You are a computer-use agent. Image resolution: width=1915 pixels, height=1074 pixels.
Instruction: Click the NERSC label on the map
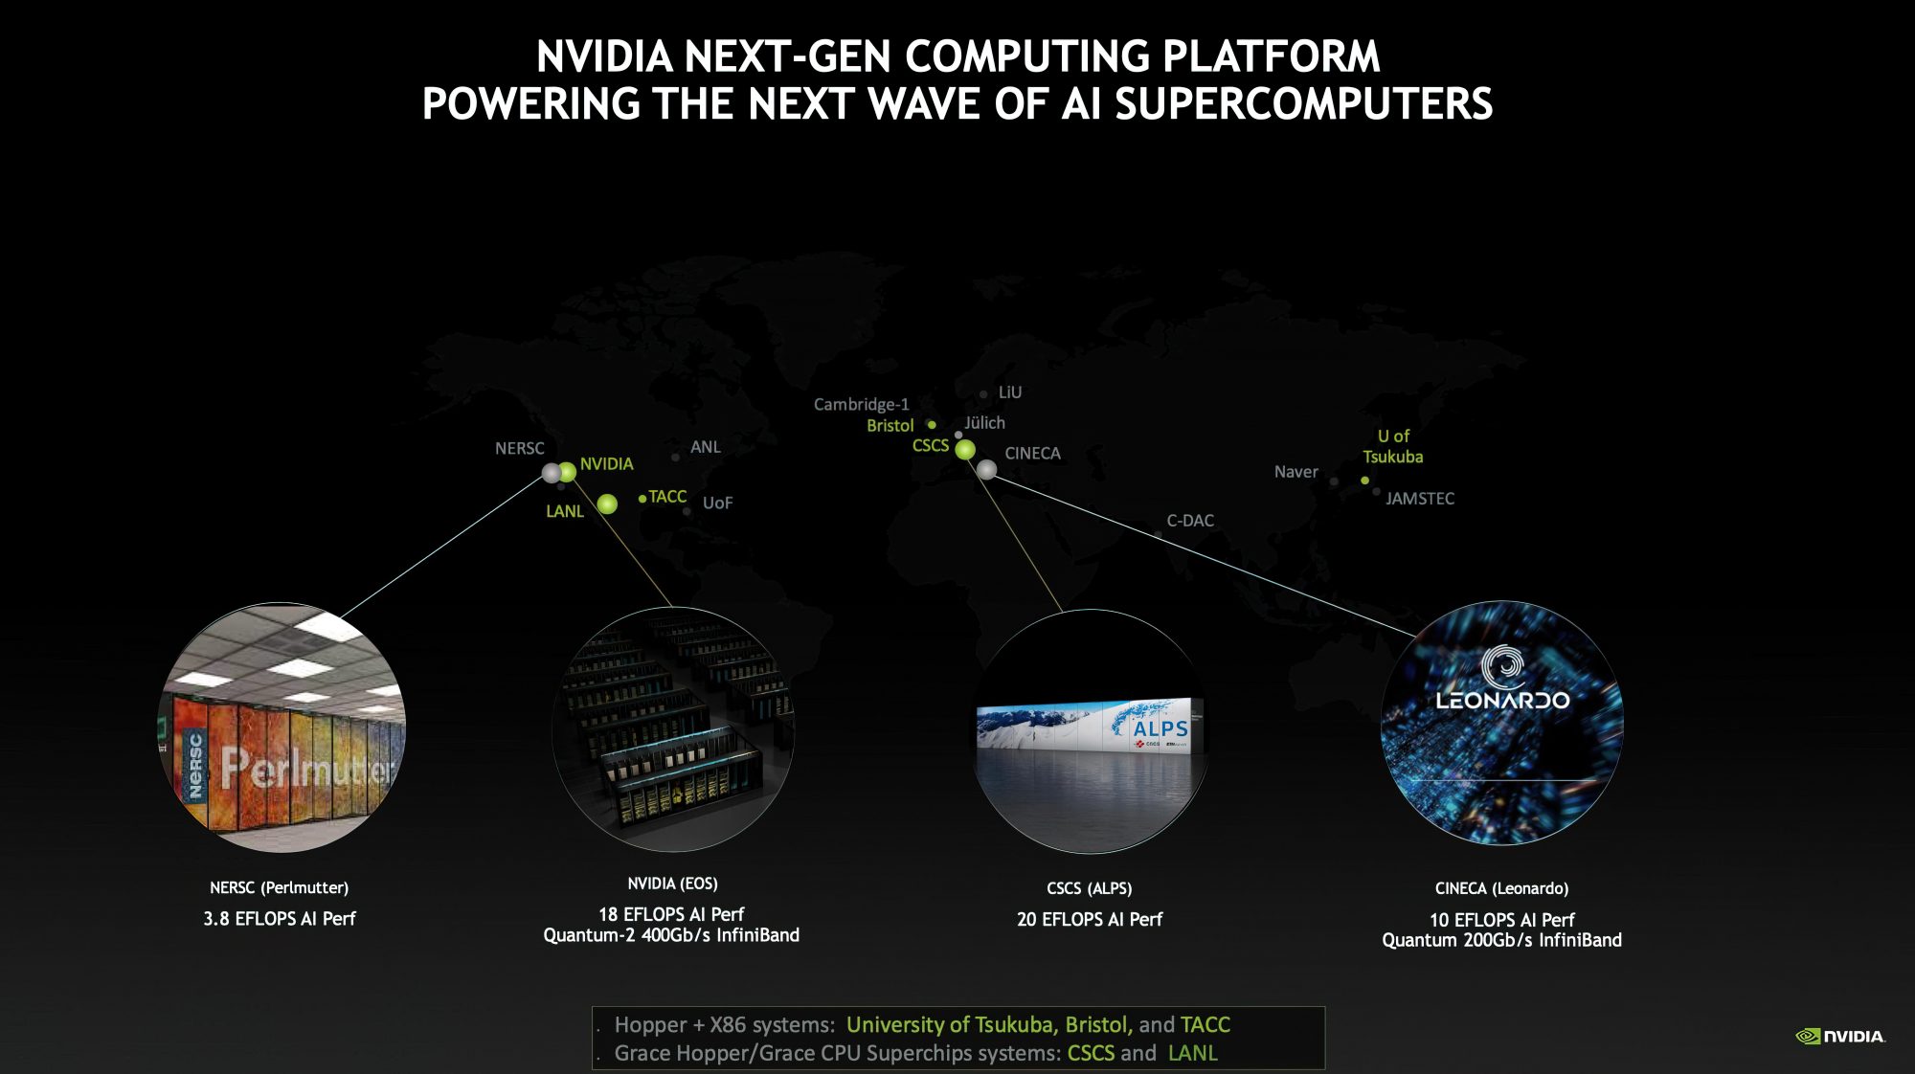click(519, 448)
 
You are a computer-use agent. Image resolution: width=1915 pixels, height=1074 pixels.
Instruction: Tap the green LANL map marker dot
click(607, 503)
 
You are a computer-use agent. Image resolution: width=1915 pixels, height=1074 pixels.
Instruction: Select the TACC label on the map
click(667, 497)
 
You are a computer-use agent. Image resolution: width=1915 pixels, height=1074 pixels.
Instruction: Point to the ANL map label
click(706, 447)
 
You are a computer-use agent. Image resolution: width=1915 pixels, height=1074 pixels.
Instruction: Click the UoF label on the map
click(717, 503)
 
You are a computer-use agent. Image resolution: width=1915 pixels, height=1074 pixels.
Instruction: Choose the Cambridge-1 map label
click(861, 404)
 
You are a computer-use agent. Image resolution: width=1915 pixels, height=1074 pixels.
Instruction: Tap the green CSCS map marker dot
click(965, 449)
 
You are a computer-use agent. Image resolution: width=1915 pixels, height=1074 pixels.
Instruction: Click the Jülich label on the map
click(984, 422)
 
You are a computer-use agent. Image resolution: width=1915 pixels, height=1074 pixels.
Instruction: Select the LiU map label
click(1009, 392)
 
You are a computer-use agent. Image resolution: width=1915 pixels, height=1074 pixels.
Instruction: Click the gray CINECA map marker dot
click(986, 469)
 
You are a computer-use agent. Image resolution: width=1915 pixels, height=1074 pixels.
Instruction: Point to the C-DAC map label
click(1189, 521)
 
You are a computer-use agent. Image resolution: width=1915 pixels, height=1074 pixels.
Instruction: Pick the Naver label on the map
click(1295, 472)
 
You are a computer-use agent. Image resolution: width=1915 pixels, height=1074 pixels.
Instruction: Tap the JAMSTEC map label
click(1419, 499)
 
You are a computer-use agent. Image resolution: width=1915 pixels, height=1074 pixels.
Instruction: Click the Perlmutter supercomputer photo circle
click(282, 727)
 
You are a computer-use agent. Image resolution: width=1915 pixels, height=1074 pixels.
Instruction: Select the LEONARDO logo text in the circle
click(1502, 700)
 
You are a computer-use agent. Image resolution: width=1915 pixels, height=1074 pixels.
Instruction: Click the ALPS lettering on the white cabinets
click(1160, 728)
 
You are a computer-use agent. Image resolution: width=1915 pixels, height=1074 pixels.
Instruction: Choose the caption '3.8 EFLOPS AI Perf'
click(279, 919)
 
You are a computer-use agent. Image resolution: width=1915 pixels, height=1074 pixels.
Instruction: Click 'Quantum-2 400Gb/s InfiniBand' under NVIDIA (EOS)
click(670, 935)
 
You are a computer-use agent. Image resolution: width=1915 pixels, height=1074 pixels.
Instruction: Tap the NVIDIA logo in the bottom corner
click(1839, 1036)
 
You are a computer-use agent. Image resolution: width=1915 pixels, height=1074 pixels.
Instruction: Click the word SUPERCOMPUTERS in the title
click(1303, 103)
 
